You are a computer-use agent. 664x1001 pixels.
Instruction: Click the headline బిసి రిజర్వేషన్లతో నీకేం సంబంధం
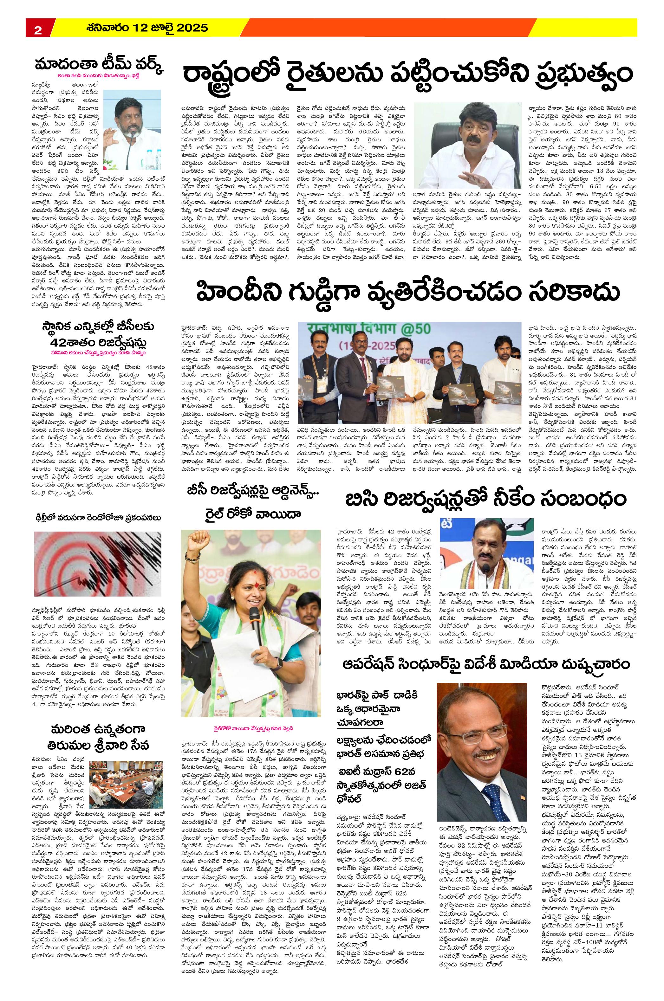tap(486, 499)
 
